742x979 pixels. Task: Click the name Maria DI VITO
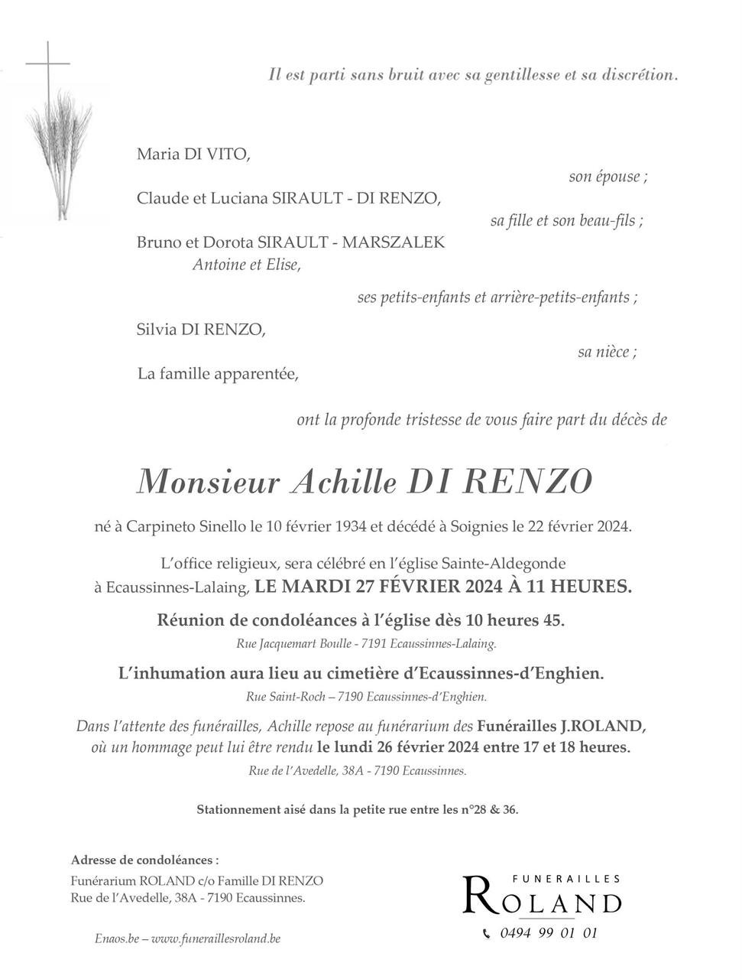pyautogui.click(x=193, y=154)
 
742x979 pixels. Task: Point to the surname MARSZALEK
pyautogui.click(x=393, y=243)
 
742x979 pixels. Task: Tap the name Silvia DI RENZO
pyautogui.click(x=202, y=330)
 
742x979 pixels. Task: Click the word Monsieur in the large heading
pyautogui.click(x=209, y=481)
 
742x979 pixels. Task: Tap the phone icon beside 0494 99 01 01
pyautogui.click(x=488, y=933)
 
